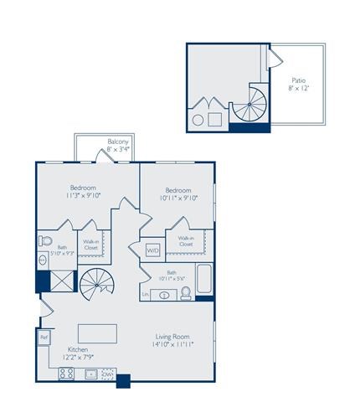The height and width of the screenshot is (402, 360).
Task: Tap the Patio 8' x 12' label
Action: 297,84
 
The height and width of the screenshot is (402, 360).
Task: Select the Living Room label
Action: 173,339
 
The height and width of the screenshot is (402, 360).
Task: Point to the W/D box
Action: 152,250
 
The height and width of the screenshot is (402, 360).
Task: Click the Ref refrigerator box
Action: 43,338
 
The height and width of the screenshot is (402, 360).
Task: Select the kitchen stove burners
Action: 66,373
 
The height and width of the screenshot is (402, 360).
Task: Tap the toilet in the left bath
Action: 44,241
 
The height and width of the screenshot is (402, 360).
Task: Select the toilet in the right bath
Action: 186,292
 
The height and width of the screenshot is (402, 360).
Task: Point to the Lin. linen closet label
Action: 146,295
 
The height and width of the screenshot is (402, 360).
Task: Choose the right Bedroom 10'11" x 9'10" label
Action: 178,195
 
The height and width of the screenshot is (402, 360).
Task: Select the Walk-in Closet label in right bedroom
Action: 185,241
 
